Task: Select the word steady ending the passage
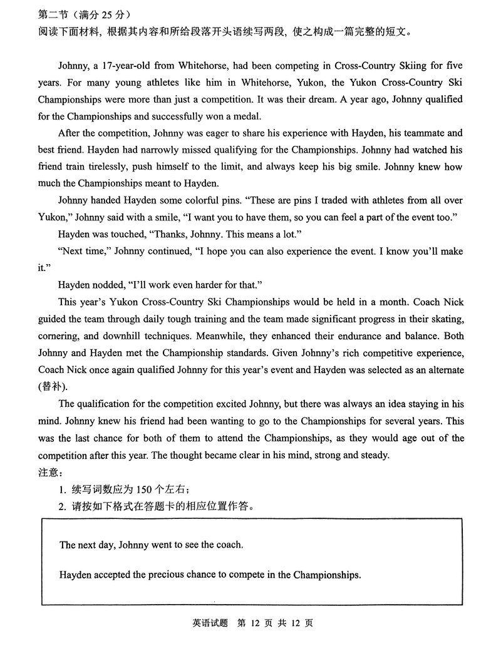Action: (x=373, y=454)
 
